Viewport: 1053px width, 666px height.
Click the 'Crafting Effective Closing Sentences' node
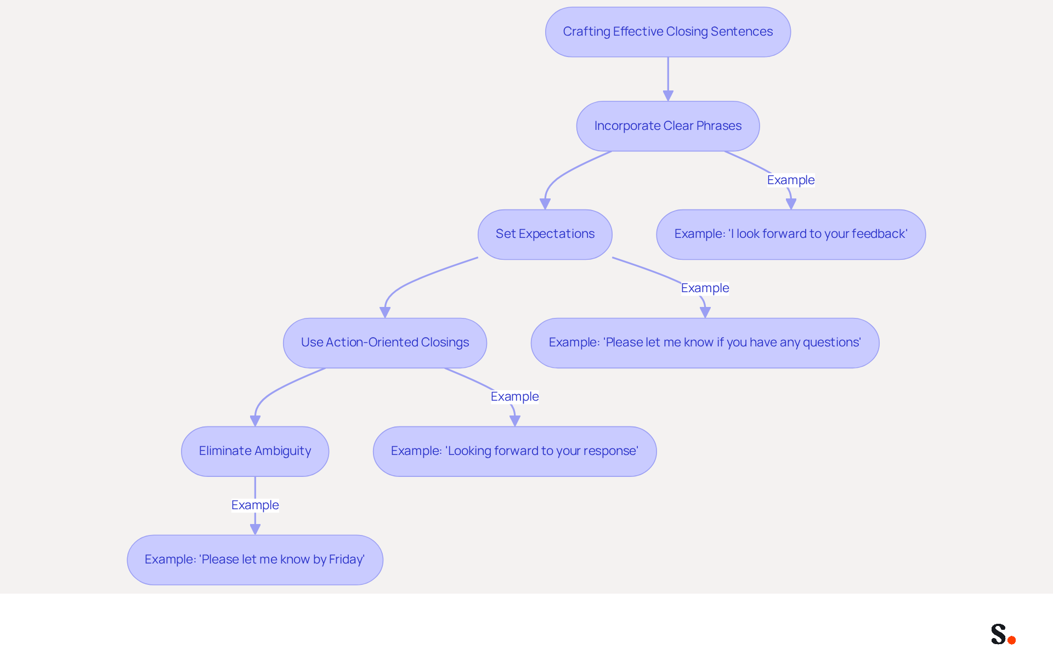coord(667,32)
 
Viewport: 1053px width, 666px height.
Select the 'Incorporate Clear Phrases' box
coord(667,126)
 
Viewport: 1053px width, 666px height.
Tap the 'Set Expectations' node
coord(545,234)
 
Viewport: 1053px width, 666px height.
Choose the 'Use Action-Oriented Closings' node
coord(384,343)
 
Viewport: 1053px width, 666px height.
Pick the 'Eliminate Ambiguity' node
coord(255,451)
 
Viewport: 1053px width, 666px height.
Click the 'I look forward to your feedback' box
coord(791,234)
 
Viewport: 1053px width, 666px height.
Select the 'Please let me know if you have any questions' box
coord(705,343)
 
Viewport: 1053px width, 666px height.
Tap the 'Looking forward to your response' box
coord(514,451)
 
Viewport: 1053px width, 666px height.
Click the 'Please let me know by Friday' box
coord(255,560)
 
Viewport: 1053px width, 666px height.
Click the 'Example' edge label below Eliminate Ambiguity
coord(255,505)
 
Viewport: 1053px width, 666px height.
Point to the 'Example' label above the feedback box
coord(791,180)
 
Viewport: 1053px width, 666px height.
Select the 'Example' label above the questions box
coord(705,288)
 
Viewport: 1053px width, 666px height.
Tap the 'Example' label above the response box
coord(514,396)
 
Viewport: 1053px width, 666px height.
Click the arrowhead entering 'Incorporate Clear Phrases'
coord(668,96)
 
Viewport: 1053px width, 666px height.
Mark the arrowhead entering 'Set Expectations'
coord(545,204)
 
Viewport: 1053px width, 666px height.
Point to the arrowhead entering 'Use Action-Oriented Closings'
coord(385,312)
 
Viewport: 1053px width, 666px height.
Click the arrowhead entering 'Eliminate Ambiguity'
coord(255,421)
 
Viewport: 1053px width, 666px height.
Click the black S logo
coord(998,634)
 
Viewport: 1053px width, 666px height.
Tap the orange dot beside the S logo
coord(1011,640)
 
